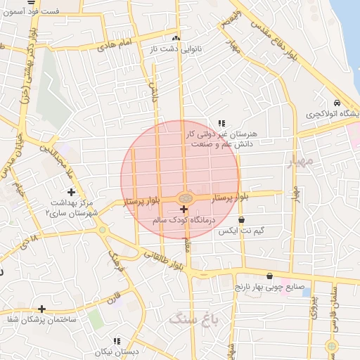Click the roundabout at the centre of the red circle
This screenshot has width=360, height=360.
click(x=184, y=198)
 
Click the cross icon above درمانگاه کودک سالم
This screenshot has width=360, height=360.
click(x=184, y=210)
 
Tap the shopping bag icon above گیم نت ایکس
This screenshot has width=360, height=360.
click(x=242, y=220)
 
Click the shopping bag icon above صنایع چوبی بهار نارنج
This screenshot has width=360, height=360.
click(x=270, y=276)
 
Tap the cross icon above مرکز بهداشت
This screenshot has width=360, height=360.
click(x=71, y=192)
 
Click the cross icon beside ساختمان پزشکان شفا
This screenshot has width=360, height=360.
click(x=42, y=309)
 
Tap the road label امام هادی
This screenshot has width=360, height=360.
click(x=116, y=44)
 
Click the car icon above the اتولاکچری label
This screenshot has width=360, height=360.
click(x=337, y=103)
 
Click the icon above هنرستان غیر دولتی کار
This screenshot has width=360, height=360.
click(x=222, y=122)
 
